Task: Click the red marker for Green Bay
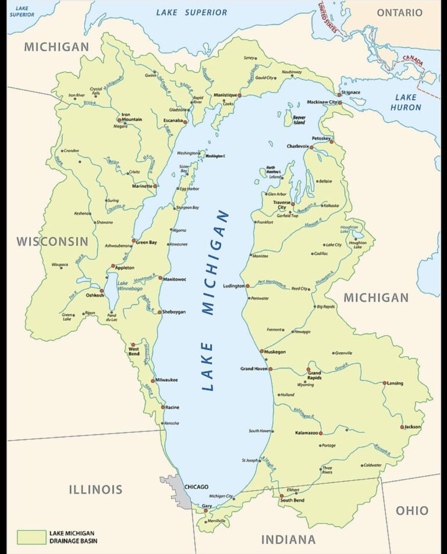pyautogui.click(x=134, y=240)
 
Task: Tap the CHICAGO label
pyautogui.click(x=196, y=486)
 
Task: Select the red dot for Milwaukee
pyautogui.click(x=153, y=381)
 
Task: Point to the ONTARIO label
pyautogui.click(x=399, y=13)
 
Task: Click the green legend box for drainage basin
pyautogui.click(x=30, y=537)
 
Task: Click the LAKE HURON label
pyautogui.click(x=406, y=102)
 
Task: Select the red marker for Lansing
pyautogui.click(x=385, y=383)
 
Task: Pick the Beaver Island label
pyautogui.click(x=299, y=120)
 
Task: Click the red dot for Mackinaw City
pyautogui.click(x=340, y=103)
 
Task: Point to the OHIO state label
pyautogui.click(x=412, y=510)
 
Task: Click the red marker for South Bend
pyautogui.click(x=282, y=496)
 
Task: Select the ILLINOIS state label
pyautogui.click(x=95, y=489)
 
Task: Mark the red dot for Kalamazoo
pyautogui.click(x=320, y=433)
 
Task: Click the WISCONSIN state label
pyautogui.click(x=52, y=241)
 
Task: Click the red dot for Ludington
pyautogui.click(x=247, y=286)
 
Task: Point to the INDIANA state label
pyautogui.click(x=288, y=539)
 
